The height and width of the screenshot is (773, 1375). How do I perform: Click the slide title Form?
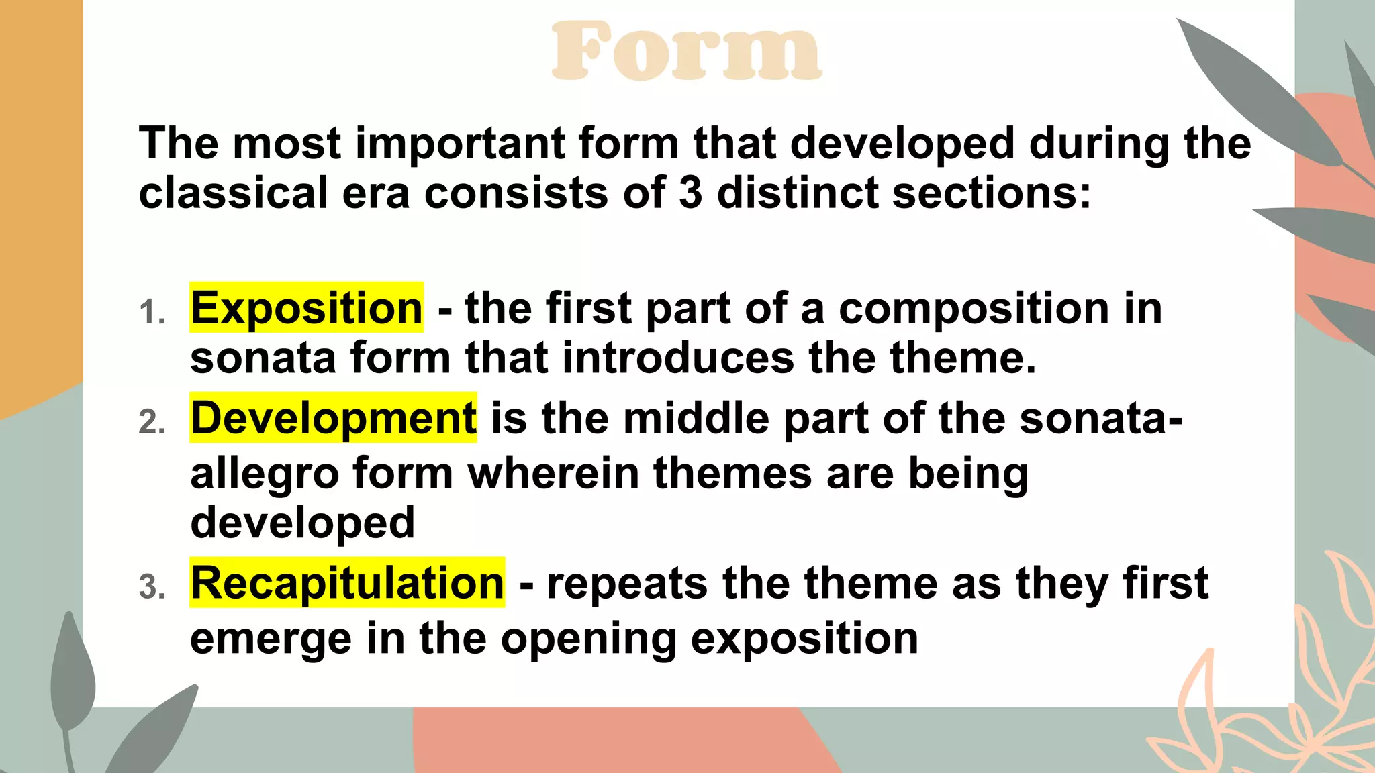pyautogui.click(x=686, y=51)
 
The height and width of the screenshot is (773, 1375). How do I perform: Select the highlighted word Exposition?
pyautogui.click(x=306, y=308)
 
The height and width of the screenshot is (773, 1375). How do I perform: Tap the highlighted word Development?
pyautogui.click(x=333, y=417)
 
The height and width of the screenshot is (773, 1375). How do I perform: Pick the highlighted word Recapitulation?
pyautogui.click(x=347, y=582)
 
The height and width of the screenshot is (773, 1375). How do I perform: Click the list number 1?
pyautogui.click(x=152, y=313)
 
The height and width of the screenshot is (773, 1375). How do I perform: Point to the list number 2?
pyautogui.click(x=152, y=423)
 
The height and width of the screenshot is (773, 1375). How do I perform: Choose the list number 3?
pyautogui.click(x=152, y=587)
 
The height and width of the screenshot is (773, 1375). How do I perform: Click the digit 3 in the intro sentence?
pyautogui.click(x=690, y=193)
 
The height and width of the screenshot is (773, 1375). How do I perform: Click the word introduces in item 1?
pyautogui.click(x=678, y=358)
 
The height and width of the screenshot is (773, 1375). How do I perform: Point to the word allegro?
pyautogui.click(x=264, y=474)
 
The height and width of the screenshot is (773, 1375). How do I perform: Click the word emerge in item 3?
pyautogui.click(x=271, y=639)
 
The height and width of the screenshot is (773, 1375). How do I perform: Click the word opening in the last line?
pyautogui.click(x=588, y=639)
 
